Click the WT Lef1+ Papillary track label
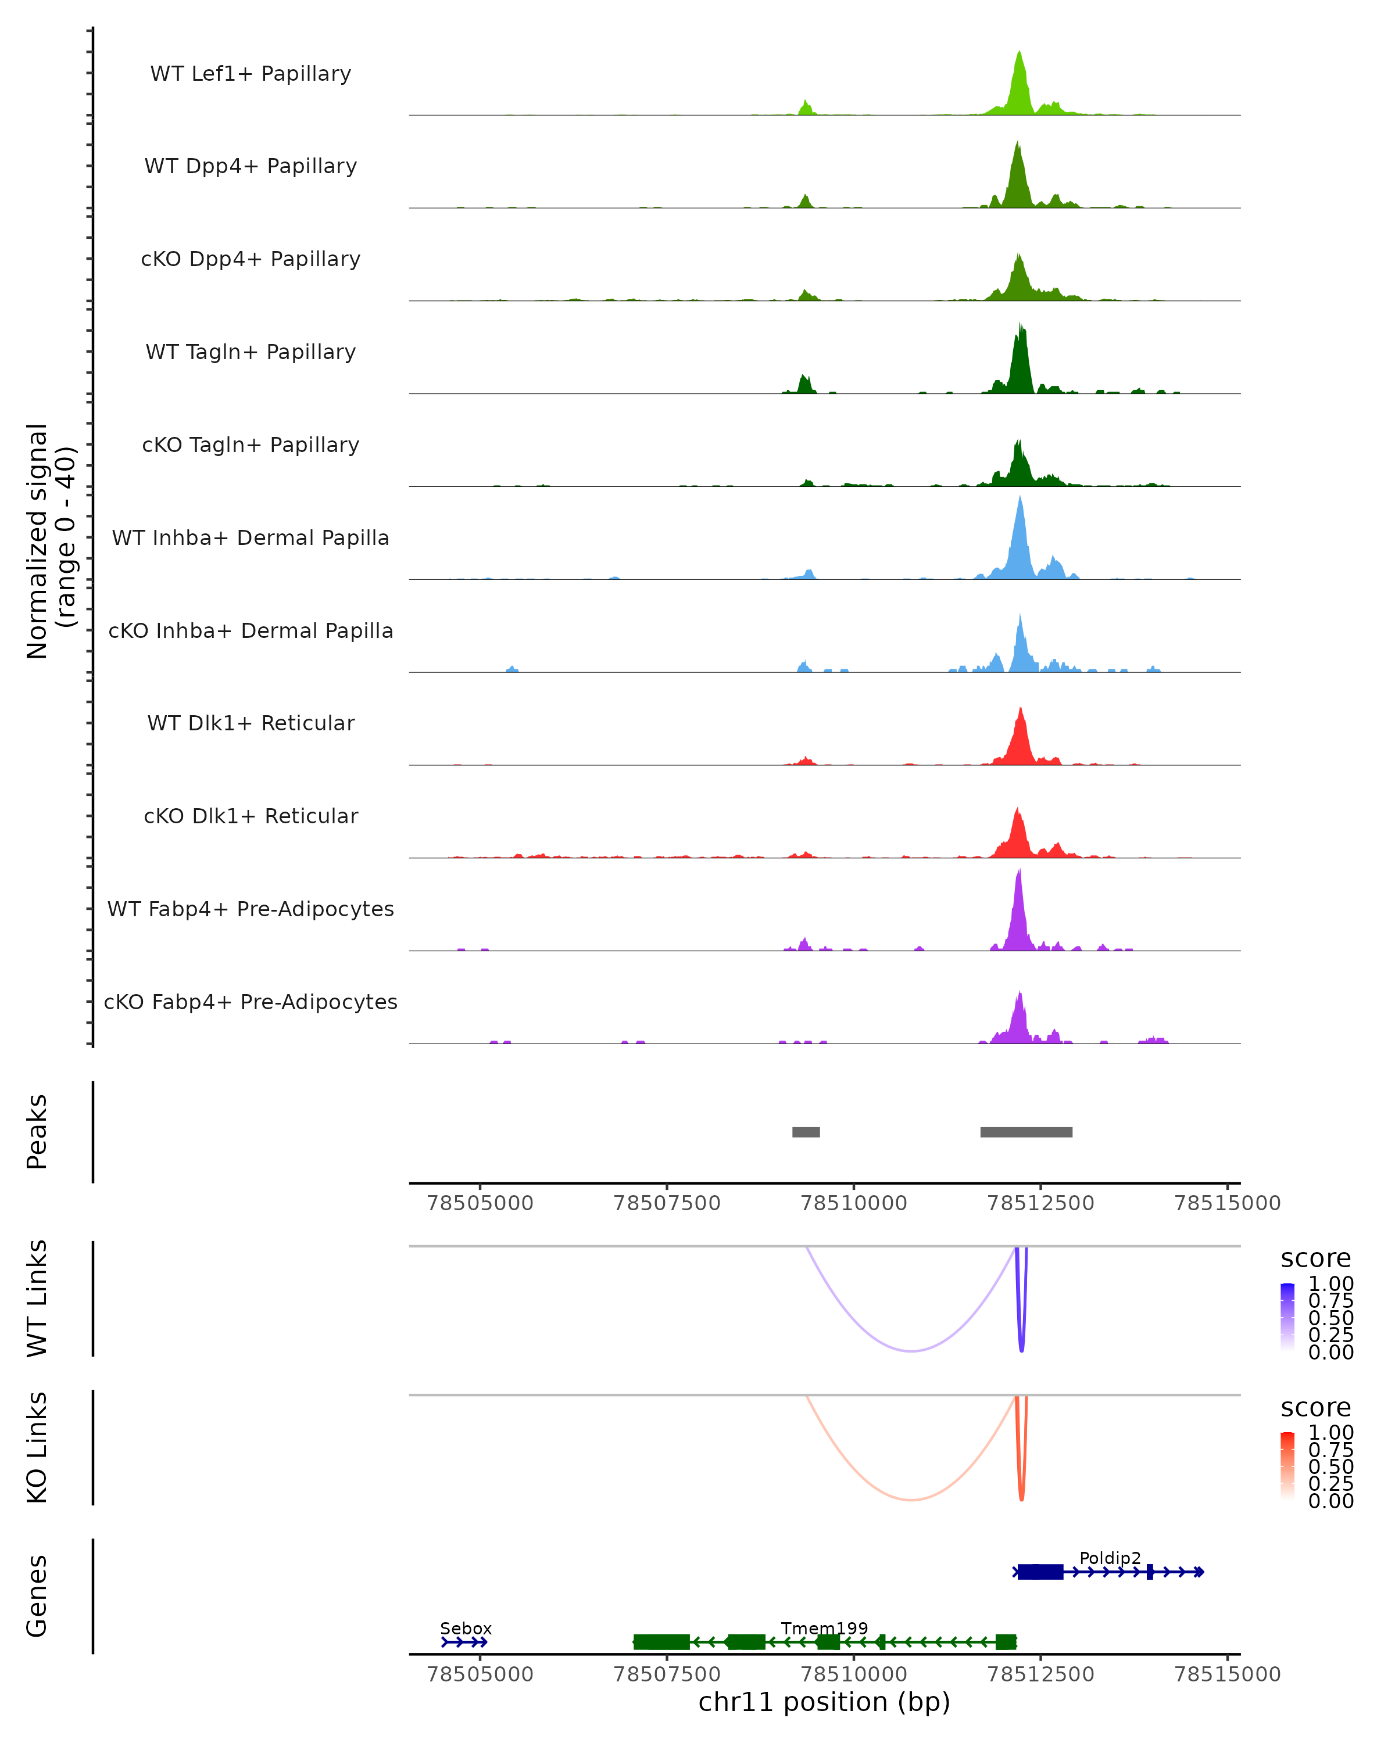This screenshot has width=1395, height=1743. pos(251,74)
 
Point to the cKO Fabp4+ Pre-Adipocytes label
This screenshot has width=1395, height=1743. pos(251,1002)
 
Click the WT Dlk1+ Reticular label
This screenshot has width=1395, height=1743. pos(251,723)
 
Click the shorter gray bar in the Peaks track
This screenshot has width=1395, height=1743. pos(806,1132)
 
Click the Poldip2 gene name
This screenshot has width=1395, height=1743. pos(1110,1558)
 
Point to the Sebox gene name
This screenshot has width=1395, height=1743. pos(466,1628)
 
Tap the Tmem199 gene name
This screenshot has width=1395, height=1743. pos(824,1628)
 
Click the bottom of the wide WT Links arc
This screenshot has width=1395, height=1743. pos(911,1351)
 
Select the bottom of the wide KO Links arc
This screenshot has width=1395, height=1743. pos(911,1500)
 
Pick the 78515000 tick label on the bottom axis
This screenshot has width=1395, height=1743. pos(1227,1674)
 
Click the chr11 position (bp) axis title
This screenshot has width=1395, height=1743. pos(824,1702)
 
